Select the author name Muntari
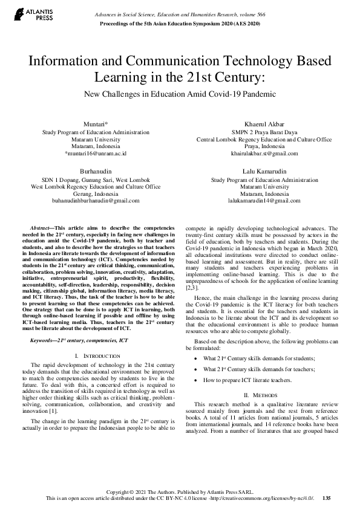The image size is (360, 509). pos(95,124)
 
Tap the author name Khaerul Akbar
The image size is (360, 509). pos(264,124)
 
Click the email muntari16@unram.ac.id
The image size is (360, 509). pos(96,154)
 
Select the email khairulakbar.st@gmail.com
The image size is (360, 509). pos(264,154)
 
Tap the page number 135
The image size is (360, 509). pos(327,498)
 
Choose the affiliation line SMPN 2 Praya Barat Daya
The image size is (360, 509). pos(264,132)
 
